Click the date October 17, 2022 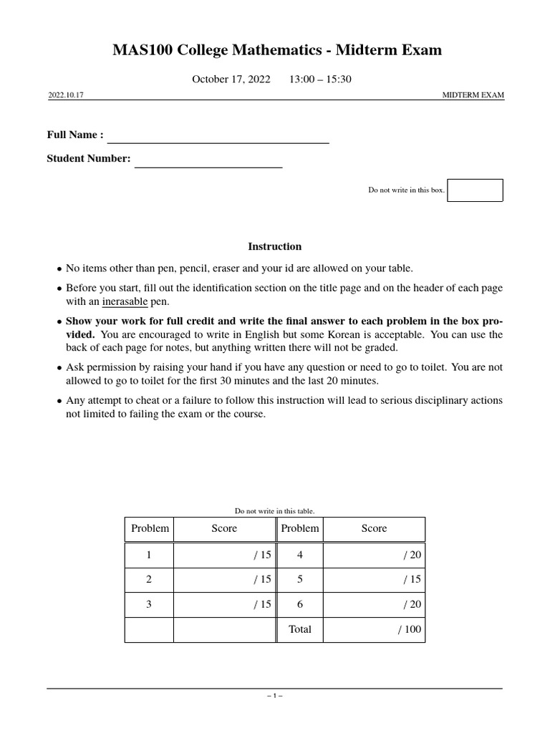(x=231, y=79)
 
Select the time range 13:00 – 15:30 (x=320, y=79)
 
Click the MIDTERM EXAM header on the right (x=473, y=94)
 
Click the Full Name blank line (x=218, y=137)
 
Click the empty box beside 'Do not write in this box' (x=475, y=190)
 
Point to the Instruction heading (x=275, y=246)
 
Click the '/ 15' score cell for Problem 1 (x=224, y=555)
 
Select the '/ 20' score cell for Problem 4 (x=374, y=555)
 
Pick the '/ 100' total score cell (x=374, y=630)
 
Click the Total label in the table (x=299, y=629)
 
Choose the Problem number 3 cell (x=149, y=604)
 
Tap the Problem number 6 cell (x=299, y=604)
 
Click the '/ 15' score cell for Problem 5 (x=374, y=580)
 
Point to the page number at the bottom (x=275, y=696)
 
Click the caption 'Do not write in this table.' (x=275, y=511)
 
